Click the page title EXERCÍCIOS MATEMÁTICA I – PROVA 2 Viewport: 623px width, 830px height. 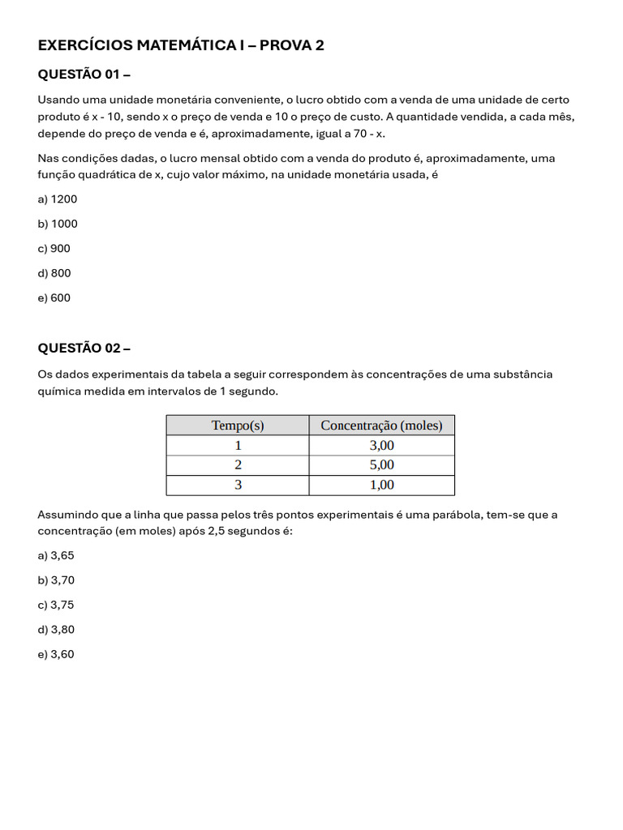181,45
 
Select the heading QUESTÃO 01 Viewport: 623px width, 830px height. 84,75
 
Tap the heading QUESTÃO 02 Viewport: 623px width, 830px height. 84,349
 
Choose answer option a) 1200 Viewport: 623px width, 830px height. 58,199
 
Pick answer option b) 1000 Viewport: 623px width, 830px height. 58,224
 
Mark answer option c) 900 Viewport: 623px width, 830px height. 54,249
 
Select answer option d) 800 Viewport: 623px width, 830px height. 54,273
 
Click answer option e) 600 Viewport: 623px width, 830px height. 54,298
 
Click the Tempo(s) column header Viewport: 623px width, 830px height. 238,426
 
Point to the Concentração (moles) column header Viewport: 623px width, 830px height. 381,426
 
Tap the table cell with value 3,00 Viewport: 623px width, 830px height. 381,445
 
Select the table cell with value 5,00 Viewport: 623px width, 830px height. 381,465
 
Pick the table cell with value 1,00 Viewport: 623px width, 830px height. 381,485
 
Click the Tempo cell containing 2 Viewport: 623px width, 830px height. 238,465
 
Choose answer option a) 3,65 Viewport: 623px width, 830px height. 56,556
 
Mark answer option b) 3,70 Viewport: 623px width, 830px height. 56,580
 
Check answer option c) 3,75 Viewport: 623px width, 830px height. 56,605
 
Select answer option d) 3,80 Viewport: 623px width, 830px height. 56,630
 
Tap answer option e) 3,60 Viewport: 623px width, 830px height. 56,654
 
